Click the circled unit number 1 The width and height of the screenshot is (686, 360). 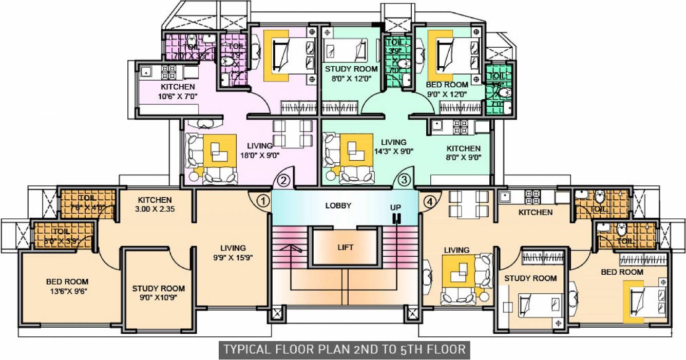tap(263, 200)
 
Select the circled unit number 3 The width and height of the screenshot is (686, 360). tap(405, 180)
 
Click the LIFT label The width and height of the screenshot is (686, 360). tap(346, 247)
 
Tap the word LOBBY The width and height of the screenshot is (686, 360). tap(338, 205)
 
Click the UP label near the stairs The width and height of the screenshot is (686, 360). tap(396, 207)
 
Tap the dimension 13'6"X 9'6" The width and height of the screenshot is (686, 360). tap(67, 291)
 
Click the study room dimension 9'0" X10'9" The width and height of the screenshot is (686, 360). tap(158, 298)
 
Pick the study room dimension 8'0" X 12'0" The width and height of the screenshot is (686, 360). tap(351, 78)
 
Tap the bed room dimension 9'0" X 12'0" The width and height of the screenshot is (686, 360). tap(447, 94)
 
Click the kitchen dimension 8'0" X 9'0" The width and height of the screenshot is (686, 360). tap(463, 158)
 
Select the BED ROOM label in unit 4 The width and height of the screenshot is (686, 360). tap(622, 272)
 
